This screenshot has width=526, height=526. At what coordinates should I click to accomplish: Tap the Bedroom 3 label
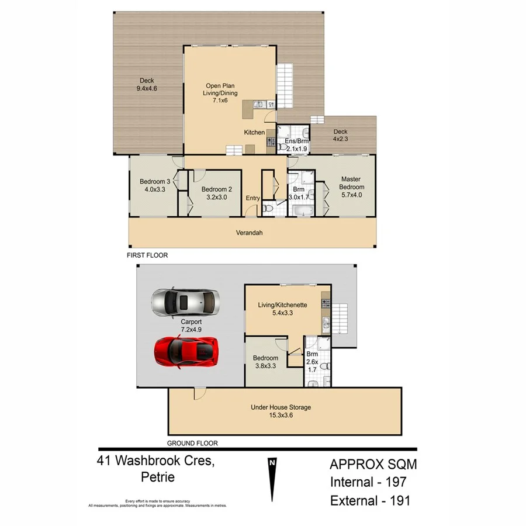151,181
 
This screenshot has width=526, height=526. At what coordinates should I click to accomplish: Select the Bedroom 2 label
217,189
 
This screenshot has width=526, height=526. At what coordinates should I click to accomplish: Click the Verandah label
250,233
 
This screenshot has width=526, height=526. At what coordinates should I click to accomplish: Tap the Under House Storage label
280,407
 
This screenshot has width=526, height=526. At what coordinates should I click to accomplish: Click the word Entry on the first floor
252,199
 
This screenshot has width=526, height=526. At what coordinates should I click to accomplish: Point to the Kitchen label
254,133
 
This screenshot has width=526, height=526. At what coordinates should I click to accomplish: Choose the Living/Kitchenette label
283,305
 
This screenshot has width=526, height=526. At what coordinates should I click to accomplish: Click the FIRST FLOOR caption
148,256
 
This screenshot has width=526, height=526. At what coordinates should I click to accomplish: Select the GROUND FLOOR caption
192,443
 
